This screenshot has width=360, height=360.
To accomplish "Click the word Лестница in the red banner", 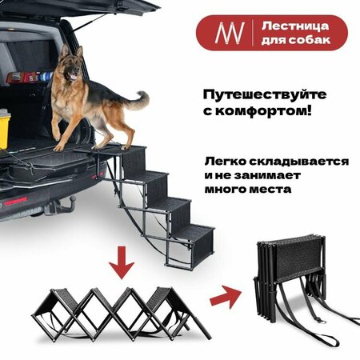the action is click(295, 26).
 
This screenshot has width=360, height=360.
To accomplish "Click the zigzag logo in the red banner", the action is click(230, 33).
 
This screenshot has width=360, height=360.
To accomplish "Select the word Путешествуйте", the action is click(265, 95).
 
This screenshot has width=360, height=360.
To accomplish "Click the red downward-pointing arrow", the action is click(122, 262).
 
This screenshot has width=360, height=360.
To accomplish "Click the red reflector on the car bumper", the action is click(16, 201).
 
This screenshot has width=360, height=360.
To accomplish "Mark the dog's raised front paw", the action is click(57, 136).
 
